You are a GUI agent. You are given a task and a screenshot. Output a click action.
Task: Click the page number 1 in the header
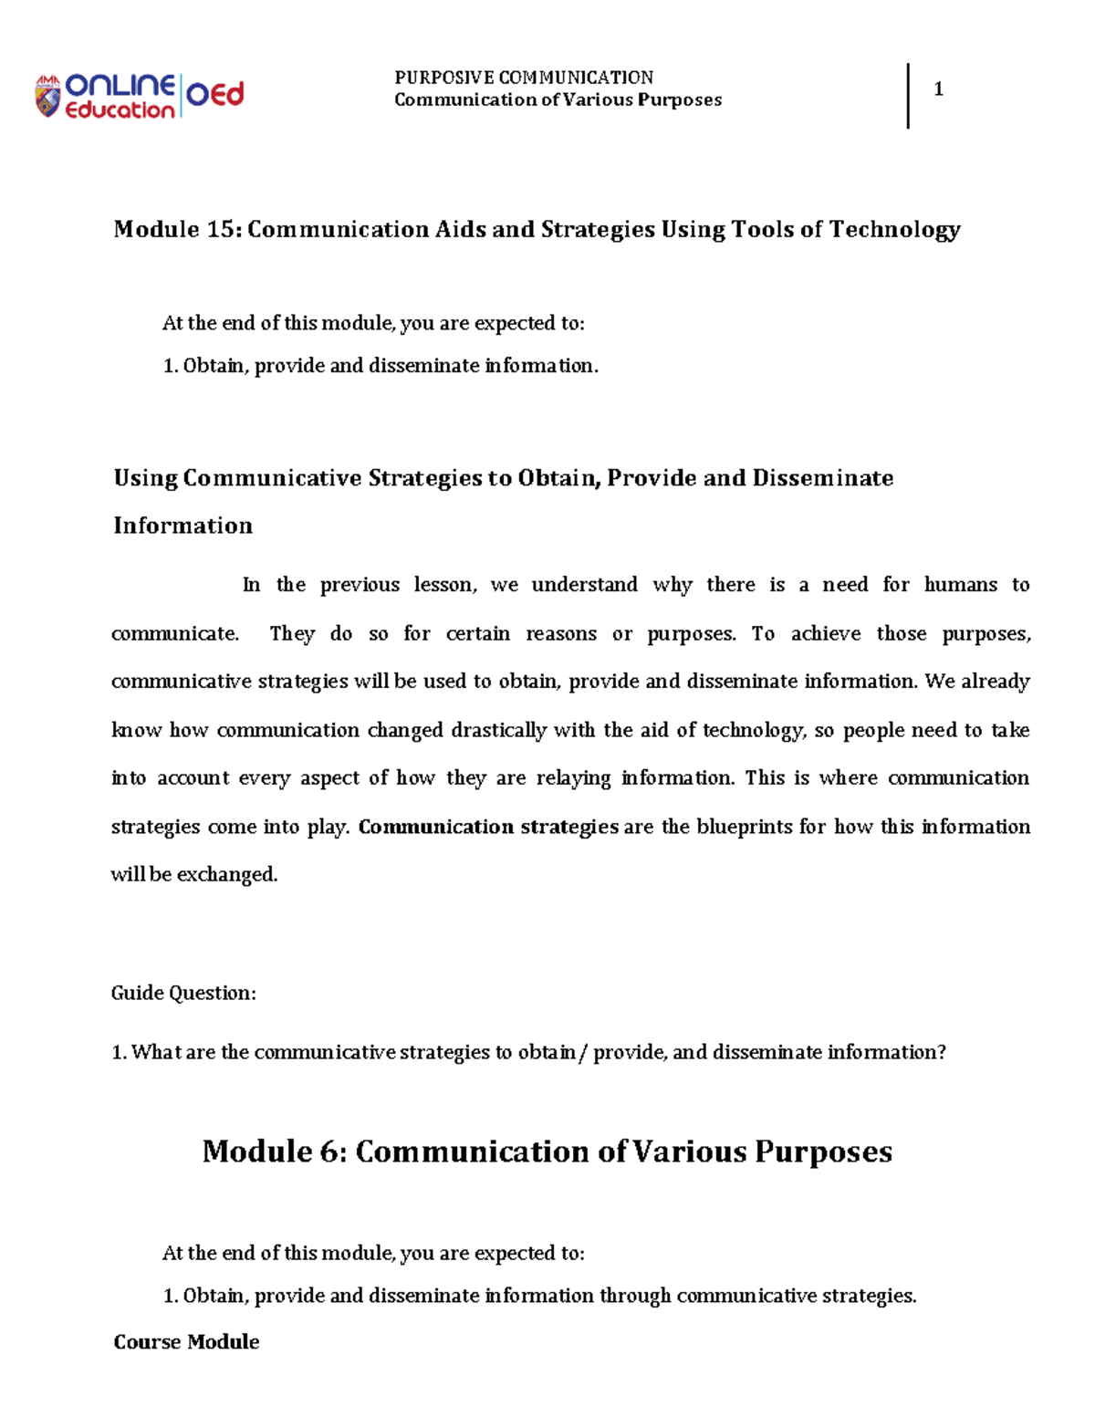click(x=938, y=89)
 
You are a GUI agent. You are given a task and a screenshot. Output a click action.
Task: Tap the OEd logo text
click(x=215, y=94)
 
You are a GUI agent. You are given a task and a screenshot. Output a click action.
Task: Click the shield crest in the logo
click(x=47, y=97)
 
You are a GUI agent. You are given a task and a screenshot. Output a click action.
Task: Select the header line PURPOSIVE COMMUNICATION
click(x=524, y=78)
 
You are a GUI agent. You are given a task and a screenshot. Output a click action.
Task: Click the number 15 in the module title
click(x=222, y=229)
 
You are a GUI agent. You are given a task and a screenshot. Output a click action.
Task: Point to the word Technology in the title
click(x=894, y=229)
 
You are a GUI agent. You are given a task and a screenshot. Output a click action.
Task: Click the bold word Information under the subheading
click(x=183, y=526)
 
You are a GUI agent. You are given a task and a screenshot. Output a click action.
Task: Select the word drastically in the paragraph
click(x=499, y=730)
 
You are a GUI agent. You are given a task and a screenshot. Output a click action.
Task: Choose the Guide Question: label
click(x=183, y=993)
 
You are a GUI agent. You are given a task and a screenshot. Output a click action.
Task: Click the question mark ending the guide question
click(x=942, y=1052)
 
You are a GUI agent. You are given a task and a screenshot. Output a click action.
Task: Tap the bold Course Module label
click(x=186, y=1341)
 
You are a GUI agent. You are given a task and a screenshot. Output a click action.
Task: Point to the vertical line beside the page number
click(x=908, y=96)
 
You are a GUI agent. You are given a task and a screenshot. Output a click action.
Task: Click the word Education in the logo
click(x=120, y=110)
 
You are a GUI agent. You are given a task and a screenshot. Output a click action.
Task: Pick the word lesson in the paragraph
click(x=444, y=585)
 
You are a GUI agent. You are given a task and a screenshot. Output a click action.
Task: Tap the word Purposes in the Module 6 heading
click(x=823, y=1151)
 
